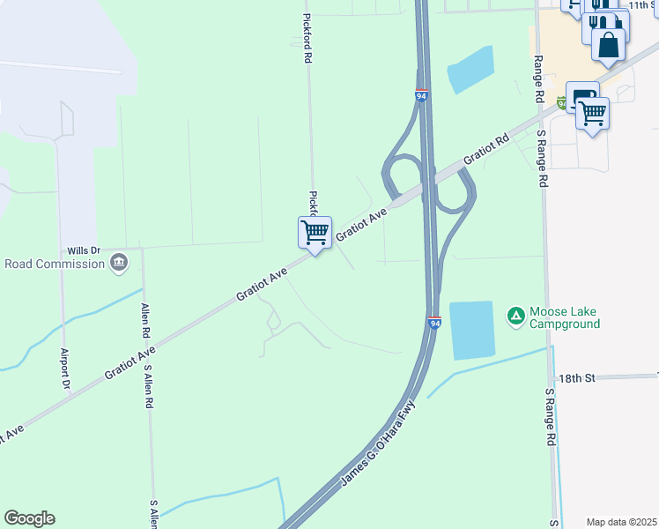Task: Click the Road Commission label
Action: (x=54, y=263)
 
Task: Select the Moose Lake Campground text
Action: (x=565, y=318)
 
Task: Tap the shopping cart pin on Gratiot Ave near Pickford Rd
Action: (x=315, y=233)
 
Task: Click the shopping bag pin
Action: (x=608, y=43)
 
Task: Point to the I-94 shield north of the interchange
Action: (x=422, y=95)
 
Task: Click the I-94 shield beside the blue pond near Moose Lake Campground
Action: (x=435, y=324)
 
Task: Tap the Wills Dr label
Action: (x=85, y=251)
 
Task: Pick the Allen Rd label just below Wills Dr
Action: (x=145, y=323)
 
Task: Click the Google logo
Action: (x=29, y=518)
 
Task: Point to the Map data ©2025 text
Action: (x=622, y=522)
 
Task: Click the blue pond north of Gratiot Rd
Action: (x=470, y=68)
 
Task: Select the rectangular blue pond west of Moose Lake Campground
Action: (x=472, y=330)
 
